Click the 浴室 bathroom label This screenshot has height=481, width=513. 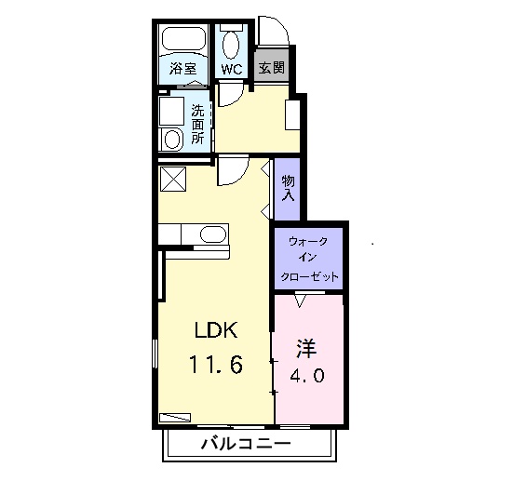pyautogui.click(x=182, y=68)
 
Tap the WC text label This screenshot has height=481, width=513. pyautogui.click(x=232, y=69)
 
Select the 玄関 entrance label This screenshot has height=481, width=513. pyautogui.click(x=272, y=68)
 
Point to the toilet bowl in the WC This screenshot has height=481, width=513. pyautogui.click(x=231, y=45)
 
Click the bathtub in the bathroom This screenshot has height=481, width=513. pyautogui.click(x=183, y=38)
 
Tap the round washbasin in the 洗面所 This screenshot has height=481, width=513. pyautogui.click(x=172, y=140)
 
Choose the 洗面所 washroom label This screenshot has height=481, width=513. pyautogui.click(x=198, y=125)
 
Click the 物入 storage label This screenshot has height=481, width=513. pyautogui.click(x=289, y=188)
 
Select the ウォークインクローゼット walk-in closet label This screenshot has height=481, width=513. pyautogui.click(x=308, y=260)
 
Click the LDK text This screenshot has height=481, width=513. pyautogui.click(x=216, y=330)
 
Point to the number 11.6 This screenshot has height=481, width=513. pyautogui.click(x=216, y=365)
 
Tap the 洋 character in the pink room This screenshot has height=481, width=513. pyautogui.click(x=306, y=349)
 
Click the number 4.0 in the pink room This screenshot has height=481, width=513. pyautogui.click(x=307, y=375)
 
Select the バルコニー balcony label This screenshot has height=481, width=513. pyautogui.click(x=246, y=444)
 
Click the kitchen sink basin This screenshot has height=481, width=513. pyautogui.click(x=213, y=234)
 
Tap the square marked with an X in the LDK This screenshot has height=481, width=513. pyautogui.click(x=173, y=180)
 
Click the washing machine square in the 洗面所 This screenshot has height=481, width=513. pyautogui.click(x=171, y=111)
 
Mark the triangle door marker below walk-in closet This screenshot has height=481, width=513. pyautogui.click(x=300, y=301)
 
